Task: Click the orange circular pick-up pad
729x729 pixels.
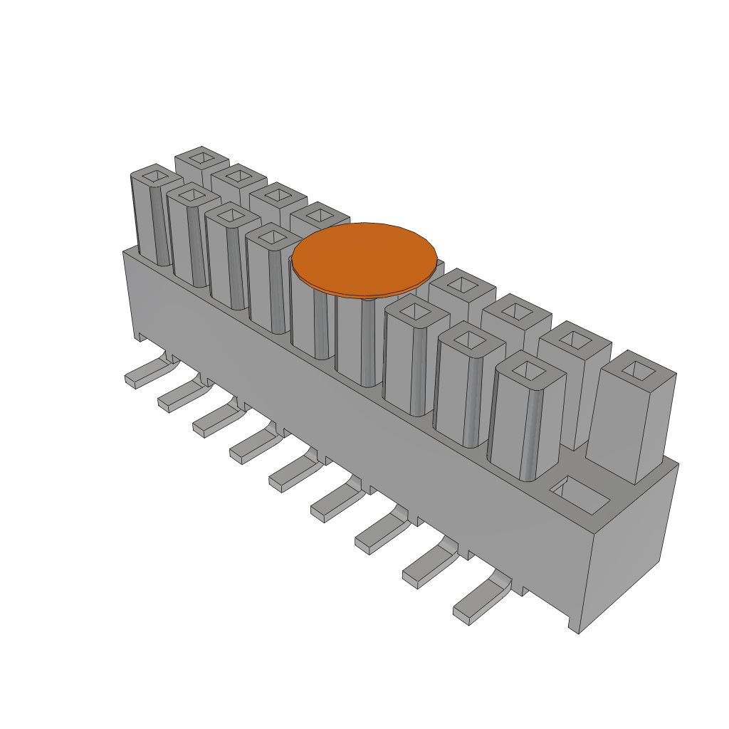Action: tap(364, 258)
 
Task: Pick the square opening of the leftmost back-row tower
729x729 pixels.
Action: tap(201, 157)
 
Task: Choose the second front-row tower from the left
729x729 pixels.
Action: tap(189, 235)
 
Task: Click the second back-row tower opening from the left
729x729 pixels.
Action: tap(238, 175)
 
